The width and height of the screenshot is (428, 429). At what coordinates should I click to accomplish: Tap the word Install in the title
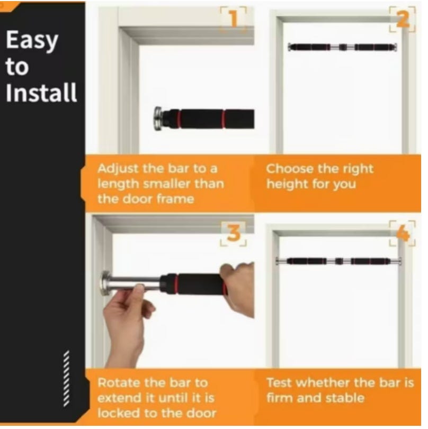click(x=41, y=93)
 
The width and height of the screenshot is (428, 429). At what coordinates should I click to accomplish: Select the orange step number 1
click(x=234, y=19)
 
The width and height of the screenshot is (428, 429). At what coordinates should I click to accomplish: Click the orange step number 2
click(x=403, y=20)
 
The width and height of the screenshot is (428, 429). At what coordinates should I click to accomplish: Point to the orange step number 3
click(x=234, y=233)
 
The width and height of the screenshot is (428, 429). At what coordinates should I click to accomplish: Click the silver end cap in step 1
click(x=158, y=118)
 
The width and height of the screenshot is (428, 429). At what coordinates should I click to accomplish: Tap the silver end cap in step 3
click(x=106, y=283)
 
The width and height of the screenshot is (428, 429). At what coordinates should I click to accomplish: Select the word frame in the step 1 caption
click(x=175, y=199)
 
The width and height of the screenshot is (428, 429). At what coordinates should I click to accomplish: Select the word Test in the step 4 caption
click(x=279, y=383)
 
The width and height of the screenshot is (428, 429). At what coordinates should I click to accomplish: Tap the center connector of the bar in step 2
click(x=343, y=47)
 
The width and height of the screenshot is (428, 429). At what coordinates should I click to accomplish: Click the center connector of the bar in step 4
click(x=339, y=261)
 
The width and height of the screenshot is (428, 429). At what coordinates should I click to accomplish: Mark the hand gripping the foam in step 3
click(x=238, y=289)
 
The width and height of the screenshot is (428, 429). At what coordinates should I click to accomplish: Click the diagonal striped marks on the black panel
click(x=66, y=378)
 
